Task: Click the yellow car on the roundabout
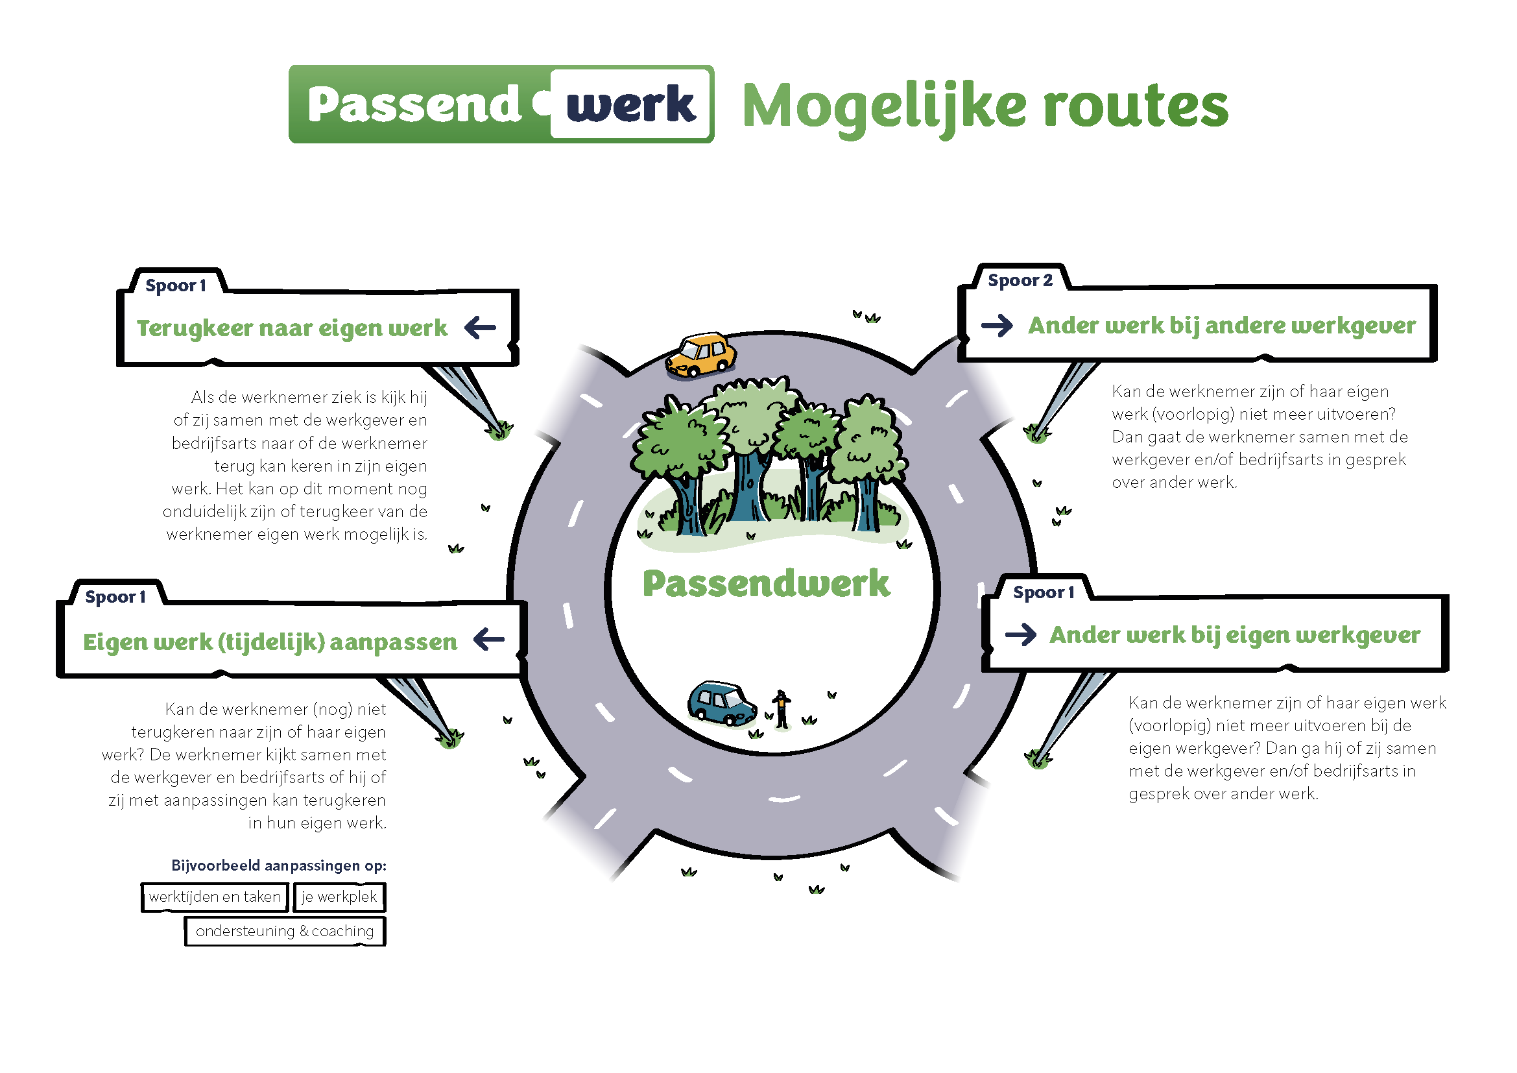700,356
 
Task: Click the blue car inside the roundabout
721,703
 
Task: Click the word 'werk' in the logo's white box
631,104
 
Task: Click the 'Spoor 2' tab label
1020,280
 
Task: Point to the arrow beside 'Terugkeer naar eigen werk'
481,327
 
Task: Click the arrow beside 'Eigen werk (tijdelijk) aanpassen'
490,639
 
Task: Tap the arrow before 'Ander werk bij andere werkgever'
997,325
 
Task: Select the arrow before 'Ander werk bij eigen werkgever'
1021,635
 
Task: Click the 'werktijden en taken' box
215,897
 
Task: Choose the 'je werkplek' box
339,897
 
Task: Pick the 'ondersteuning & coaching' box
285,931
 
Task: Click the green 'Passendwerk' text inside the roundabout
767,583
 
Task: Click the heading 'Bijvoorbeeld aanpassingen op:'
279,865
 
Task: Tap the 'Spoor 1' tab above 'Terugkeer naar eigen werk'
176,285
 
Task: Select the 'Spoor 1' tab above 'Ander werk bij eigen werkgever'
1044,592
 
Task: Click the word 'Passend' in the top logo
414,104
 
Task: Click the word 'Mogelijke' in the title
885,107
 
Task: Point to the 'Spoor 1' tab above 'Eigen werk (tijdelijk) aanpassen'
115,597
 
